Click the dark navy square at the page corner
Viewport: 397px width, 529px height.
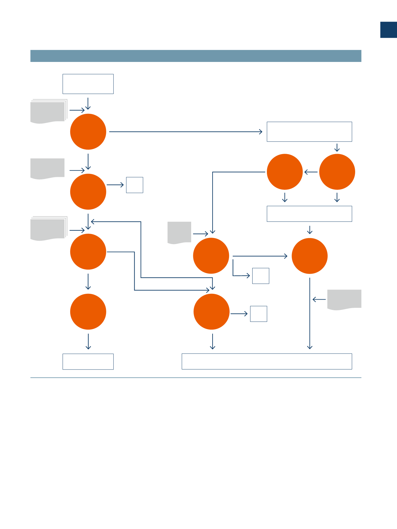(x=388, y=30)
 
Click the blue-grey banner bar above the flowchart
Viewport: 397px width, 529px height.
(x=196, y=56)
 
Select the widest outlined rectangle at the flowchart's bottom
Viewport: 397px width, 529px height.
(x=267, y=361)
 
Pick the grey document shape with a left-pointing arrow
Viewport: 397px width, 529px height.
(x=344, y=299)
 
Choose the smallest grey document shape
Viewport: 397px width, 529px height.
(x=179, y=232)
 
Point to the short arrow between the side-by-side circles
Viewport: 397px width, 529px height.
(x=311, y=172)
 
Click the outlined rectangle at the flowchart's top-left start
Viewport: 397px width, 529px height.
(x=88, y=84)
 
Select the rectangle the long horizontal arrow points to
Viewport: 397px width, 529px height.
(x=309, y=131)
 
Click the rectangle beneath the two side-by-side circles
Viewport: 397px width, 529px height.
(x=309, y=214)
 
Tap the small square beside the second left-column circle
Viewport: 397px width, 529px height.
(x=134, y=185)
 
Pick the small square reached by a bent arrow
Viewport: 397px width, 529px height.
(x=260, y=276)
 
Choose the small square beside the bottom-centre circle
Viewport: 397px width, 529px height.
(x=258, y=314)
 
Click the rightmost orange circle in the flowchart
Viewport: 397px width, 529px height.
(x=337, y=172)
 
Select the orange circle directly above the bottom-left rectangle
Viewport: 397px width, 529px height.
(x=88, y=311)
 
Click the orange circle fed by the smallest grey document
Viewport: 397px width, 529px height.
(x=211, y=256)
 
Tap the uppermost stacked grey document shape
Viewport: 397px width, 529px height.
(x=48, y=111)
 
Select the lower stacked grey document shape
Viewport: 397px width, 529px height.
(x=48, y=229)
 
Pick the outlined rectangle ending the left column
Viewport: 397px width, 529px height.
(x=88, y=362)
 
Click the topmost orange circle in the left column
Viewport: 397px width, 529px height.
(x=88, y=131)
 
